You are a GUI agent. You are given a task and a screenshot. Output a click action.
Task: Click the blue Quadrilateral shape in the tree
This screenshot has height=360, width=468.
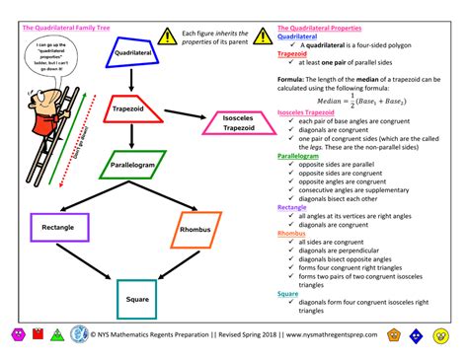[132, 51]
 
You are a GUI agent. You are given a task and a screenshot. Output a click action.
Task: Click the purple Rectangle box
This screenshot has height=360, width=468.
[57, 228]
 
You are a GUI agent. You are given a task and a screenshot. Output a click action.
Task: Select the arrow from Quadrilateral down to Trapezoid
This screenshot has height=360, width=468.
[129, 81]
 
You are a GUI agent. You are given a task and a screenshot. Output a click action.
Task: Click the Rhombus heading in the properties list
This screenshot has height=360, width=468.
[295, 234]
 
